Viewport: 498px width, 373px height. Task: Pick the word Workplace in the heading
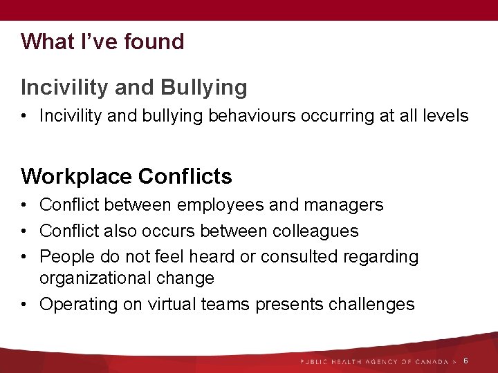point(76,177)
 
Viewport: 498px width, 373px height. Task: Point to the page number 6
point(465,361)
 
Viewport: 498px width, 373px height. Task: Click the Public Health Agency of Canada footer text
point(374,362)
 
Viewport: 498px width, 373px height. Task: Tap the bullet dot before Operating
point(24,305)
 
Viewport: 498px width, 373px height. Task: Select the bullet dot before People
point(24,257)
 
